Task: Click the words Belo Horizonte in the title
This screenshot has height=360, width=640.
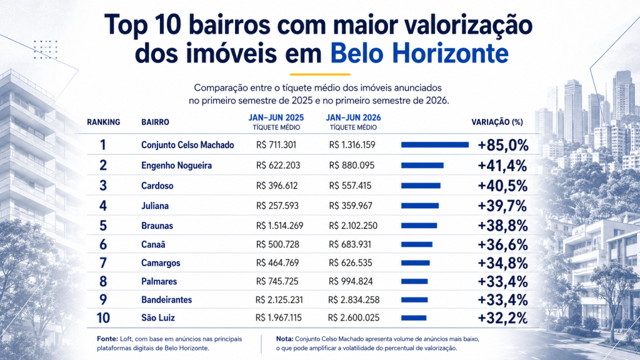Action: (419, 53)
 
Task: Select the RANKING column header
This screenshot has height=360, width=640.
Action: (103, 122)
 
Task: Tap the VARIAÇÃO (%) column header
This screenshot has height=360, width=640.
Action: (497, 122)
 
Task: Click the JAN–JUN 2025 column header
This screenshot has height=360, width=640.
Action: (276, 117)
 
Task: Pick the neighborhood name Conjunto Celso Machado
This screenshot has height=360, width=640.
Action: (187, 145)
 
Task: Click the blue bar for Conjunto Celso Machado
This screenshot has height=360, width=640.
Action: (435, 145)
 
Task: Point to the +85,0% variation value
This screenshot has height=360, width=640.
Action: (503, 145)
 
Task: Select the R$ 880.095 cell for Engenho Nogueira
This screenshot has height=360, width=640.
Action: (352, 165)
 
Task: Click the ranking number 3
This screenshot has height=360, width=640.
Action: (103, 186)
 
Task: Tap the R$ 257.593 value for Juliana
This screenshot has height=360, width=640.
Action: (277, 206)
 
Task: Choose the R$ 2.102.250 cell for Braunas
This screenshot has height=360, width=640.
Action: (353, 226)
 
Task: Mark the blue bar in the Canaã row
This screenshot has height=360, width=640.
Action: (417, 244)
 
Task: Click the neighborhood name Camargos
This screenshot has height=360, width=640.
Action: (161, 263)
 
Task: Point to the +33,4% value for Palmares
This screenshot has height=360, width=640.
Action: (502, 282)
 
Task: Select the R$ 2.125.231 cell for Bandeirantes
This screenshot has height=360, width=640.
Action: (279, 300)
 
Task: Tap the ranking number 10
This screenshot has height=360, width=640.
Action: (103, 317)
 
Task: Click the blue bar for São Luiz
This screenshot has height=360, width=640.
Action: (414, 318)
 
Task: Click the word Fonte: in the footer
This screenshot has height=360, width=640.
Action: (107, 339)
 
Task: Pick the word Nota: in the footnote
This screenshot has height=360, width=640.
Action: (284, 339)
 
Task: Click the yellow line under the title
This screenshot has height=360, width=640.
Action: (320, 74)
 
